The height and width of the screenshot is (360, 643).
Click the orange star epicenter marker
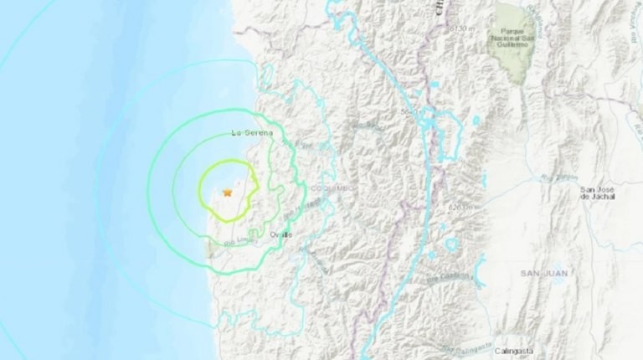point(226,193)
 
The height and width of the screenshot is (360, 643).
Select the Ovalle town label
point(281,236)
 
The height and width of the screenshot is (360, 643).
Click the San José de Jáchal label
point(598,195)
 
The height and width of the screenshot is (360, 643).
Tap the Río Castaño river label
point(456,275)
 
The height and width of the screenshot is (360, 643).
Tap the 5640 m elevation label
point(410,113)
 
